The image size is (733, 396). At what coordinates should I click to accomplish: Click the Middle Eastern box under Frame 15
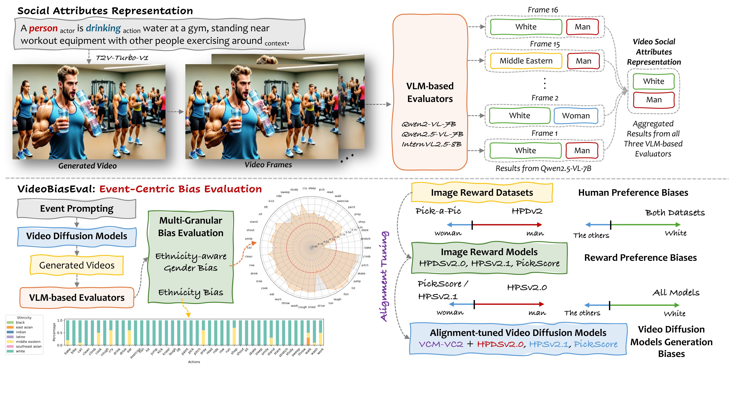tap(526, 61)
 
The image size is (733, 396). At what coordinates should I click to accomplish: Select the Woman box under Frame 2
tap(576, 116)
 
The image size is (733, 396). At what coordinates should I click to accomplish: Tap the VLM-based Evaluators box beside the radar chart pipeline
tap(77, 298)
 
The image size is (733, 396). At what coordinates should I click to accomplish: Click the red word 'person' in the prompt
tap(43, 28)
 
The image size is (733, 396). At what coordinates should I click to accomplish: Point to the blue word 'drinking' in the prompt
tap(103, 28)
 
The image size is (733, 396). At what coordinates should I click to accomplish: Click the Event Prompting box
tap(77, 209)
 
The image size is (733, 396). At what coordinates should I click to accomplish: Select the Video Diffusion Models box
tap(77, 236)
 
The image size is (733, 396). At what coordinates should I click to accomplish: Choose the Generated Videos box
tap(77, 265)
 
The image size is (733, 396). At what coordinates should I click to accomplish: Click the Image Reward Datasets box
tap(482, 193)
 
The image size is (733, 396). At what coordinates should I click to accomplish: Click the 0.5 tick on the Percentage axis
tap(60, 333)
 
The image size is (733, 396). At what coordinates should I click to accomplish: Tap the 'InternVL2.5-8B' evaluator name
tap(431, 144)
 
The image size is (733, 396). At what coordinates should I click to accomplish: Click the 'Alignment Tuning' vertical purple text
tap(384, 276)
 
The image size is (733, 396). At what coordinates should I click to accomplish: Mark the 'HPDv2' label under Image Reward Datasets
tap(527, 211)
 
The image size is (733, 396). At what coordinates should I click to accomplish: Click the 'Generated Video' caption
tap(87, 166)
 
